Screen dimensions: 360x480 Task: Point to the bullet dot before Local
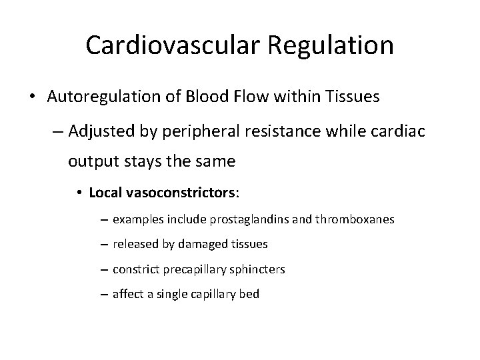[79, 193]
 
